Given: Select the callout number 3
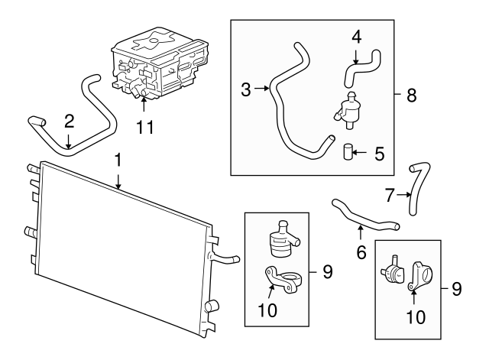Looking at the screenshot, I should pos(245,90).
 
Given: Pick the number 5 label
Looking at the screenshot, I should pos(378,153).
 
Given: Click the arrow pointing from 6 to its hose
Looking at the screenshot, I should pos(360,232).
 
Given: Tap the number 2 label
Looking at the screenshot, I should pos(69,120).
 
